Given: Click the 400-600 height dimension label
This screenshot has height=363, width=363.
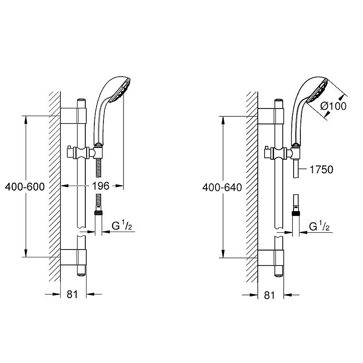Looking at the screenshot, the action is pyautogui.click(x=25, y=186).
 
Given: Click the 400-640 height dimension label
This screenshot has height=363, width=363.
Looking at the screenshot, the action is pyautogui.click(x=222, y=187).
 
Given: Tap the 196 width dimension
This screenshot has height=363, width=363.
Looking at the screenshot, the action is pyautogui.click(x=100, y=186).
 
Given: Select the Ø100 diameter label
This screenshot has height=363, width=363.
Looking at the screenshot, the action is pyautogui.click(x=334, y=106).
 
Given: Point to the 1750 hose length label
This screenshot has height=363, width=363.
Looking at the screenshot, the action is pyautogui.click(x=321, y=169).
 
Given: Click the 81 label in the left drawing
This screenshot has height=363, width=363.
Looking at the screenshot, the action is pyautogui.click(x=72, y=294).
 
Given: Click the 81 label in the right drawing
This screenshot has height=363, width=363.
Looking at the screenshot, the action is pyautogui.click(x=269, y=295).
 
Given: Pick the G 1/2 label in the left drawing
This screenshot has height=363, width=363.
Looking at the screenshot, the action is pyautogui.click(x=122, y=226).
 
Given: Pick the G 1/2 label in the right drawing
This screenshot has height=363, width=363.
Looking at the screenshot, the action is pyautogui.click(x=319, y=226).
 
